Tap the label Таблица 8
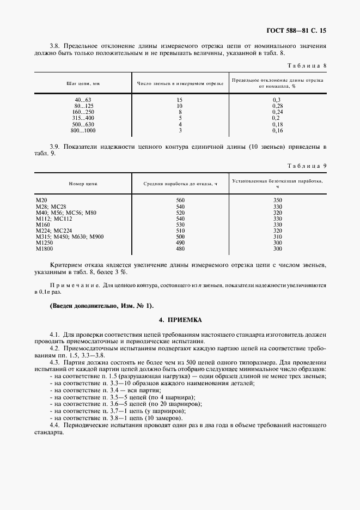click(x=306, y=66)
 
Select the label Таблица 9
click(x=306, y=165)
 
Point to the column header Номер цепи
click(x=83, y=184)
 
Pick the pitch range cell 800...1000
click(x=83, y=131)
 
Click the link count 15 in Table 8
click(x=180, y=100)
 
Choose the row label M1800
click(x=44, y=248)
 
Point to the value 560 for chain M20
click(x=180, y=201)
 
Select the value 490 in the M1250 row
click(x=180, y=242)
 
